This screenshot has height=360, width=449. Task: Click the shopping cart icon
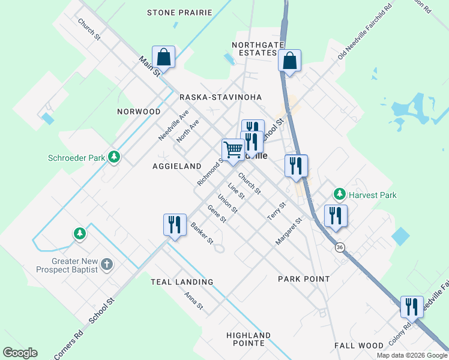(233, 149)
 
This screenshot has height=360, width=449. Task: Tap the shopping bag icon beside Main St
(163, 58)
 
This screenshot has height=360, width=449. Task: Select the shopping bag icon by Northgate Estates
(289, 61)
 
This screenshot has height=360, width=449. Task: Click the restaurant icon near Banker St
(175, 224)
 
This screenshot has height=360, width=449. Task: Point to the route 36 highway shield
(340, 247)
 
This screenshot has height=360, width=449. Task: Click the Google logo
(20, 353)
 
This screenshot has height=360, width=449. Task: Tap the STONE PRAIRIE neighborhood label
(179, 13)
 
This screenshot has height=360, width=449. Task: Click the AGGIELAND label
(176, 166)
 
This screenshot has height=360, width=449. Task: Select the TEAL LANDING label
(182, 282)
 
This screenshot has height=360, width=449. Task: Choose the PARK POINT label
(304, 279)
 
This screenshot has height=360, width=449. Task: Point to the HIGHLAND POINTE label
(249, 339)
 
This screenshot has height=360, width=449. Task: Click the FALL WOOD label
(358, 346)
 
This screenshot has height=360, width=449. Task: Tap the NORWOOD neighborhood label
(139, 112)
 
